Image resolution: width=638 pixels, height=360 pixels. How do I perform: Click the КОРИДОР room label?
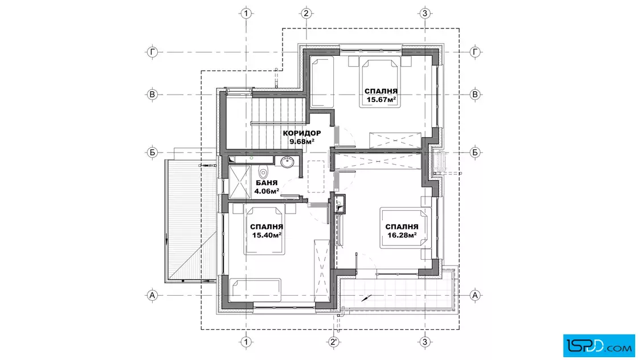click(x=302, y=133)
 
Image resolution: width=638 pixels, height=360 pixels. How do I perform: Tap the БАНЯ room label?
click(x=267, y=183)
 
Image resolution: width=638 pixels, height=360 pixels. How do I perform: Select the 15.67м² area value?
click(x=381, y=99)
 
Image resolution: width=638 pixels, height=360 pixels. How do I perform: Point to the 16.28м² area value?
click(x=402, y=235)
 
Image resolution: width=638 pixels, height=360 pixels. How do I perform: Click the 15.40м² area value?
click(x=267, y=235)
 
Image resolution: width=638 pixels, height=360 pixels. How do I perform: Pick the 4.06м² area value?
click(x=267, y=191)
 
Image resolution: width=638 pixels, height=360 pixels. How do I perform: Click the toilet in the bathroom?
click(x=264, y=172)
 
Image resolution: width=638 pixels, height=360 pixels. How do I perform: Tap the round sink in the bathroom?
click(x=288, y=162)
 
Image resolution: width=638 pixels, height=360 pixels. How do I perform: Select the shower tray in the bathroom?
click(x=240, y=182)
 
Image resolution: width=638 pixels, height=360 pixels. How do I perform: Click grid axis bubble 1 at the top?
click(x=246, y=14)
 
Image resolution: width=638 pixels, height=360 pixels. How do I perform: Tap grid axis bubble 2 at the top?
click(x=306, y=14)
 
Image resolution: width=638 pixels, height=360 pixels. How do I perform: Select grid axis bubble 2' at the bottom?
click(x=334, y=342)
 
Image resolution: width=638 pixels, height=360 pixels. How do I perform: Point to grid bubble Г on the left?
click(x=152, y=52)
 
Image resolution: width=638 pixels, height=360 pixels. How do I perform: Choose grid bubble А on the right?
click(x=475, y=295)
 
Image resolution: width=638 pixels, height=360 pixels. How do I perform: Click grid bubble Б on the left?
click(x=152, y=153)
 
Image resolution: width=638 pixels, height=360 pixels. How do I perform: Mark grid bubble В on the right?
click(x=475, y=95)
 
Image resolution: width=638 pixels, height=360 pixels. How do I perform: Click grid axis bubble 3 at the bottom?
click(x=425, y=342)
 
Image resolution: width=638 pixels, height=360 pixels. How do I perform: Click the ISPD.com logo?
click(x=599, y=346)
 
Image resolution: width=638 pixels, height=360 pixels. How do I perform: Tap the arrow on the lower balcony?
click(x=366, y=298)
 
